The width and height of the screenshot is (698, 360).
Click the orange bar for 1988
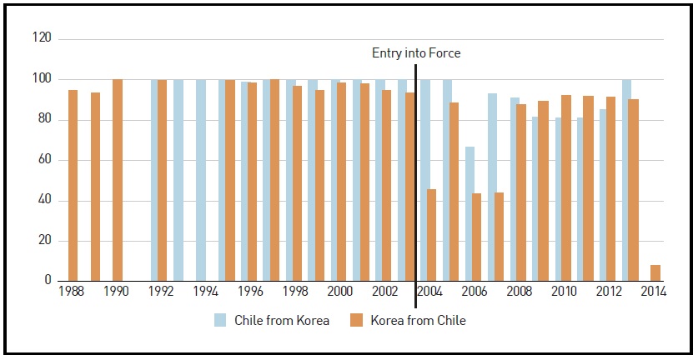73,185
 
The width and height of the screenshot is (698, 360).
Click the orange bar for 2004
431,235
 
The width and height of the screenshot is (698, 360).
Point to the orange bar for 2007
499,237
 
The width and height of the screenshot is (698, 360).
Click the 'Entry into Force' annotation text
415,53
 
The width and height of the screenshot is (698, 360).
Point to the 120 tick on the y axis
42,38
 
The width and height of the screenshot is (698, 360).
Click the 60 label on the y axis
44,160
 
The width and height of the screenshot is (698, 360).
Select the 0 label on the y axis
48,281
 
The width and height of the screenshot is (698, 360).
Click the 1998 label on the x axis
294,294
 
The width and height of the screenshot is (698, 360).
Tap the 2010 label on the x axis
563,294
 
